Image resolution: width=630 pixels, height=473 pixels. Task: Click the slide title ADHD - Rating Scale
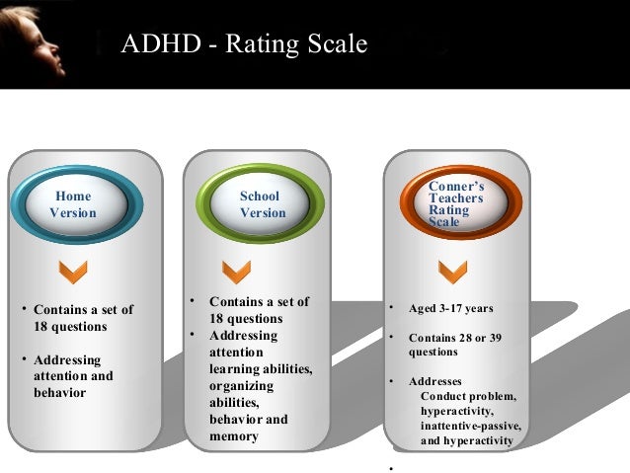pyautogui.click(x=243, y=44)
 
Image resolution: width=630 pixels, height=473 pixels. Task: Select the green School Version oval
pyautogui.click(x=262, y=204)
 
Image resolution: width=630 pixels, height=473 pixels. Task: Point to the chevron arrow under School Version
pyautogui.click(x=236, y=269)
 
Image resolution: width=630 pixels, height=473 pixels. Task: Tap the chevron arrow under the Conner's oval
pyautogui.click(x=453, y=269)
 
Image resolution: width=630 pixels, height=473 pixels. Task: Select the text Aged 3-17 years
pyautogui.click(x=450, y=309)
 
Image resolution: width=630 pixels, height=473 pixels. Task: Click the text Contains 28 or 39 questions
pyautogui.click(x=454, y=345)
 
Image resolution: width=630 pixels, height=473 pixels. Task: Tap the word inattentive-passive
pyautogui.click(x=470, y=426)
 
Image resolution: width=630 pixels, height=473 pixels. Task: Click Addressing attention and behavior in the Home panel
pyautogui.click(x=73, y=376)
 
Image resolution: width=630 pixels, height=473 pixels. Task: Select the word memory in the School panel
pyautogui.click(x=233, y=435)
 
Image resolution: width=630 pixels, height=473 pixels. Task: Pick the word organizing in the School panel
pyautogui.click(x=241, y=386)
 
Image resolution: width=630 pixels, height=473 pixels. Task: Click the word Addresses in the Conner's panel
pyautogui.click(x=434, y=381)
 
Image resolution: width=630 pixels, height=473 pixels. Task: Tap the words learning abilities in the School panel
pyautogui.click(x=260, y=369)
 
